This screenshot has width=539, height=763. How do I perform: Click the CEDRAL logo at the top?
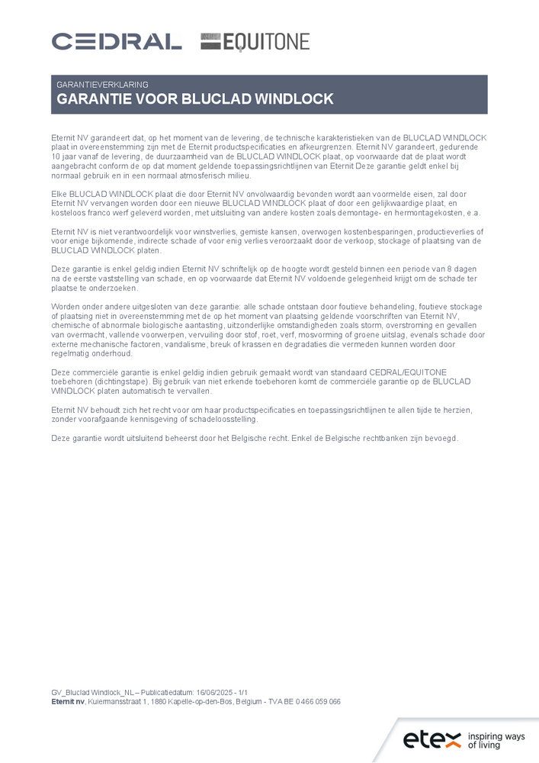pos(117,41)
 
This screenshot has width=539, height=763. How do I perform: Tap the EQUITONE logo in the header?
pos(255,41)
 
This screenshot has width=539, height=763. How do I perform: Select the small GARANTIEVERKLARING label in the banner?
pos(102,85)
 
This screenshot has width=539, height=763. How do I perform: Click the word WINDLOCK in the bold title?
pos(294,99)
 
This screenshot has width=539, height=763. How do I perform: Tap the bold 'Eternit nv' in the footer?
pos(68,701)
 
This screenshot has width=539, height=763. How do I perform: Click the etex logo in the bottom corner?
pos(432,739)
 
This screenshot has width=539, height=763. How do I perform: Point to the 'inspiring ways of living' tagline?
pos(496,740)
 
